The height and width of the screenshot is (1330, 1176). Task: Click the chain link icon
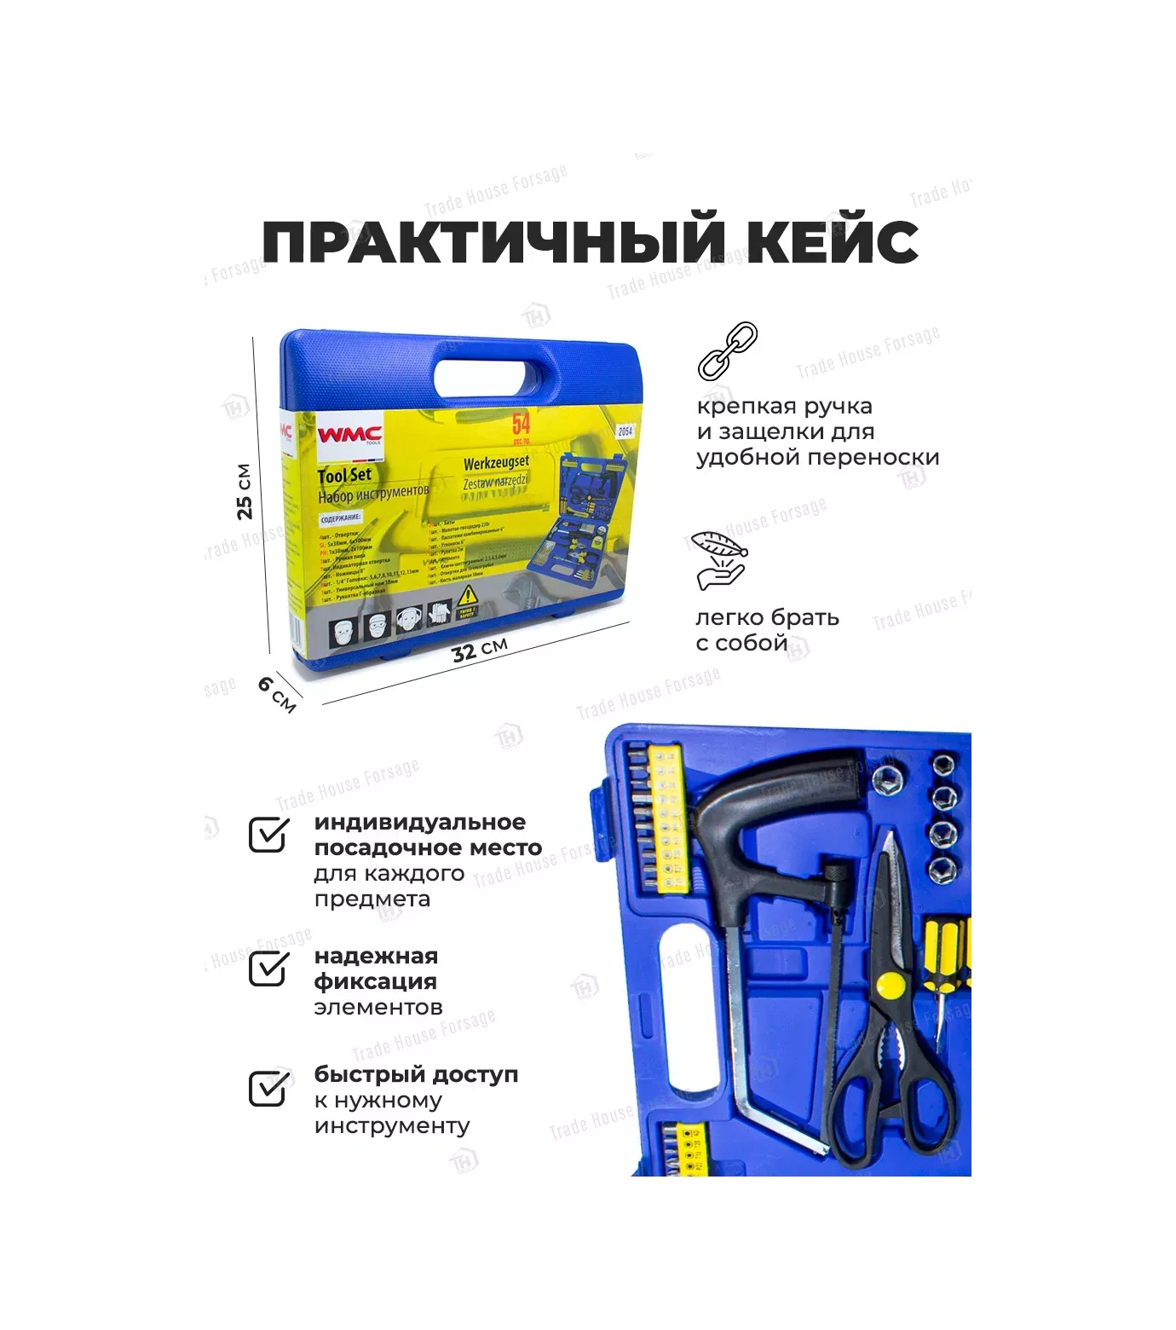[x=727, y=350]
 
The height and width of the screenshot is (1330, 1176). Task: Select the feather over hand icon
[x=719, y=559]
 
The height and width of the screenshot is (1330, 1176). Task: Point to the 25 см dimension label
[x=245, y=492]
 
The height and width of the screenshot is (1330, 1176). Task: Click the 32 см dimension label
[x=480, y=650]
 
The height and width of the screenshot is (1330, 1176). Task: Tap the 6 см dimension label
[x=277, y=694]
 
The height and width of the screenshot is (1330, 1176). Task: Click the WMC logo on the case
[x=350, y=435]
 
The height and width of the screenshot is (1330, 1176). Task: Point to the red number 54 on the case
[x=521, y=425]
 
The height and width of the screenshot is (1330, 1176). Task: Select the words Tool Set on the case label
[x=344, y=476]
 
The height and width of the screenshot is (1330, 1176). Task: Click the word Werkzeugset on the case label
[x=496, y=463]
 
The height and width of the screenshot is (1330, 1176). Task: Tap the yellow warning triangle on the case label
[x=467, y=595]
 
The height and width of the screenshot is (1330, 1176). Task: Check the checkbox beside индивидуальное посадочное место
[x=268, y=835]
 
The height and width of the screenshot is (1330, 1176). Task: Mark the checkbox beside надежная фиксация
[x=268, y=969]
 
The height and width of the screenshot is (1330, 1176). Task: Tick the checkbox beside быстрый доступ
[x=268, y=1088]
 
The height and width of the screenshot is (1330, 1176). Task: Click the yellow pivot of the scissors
[x=890, y=986]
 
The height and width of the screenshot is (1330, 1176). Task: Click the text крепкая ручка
[x=785, y=406]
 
